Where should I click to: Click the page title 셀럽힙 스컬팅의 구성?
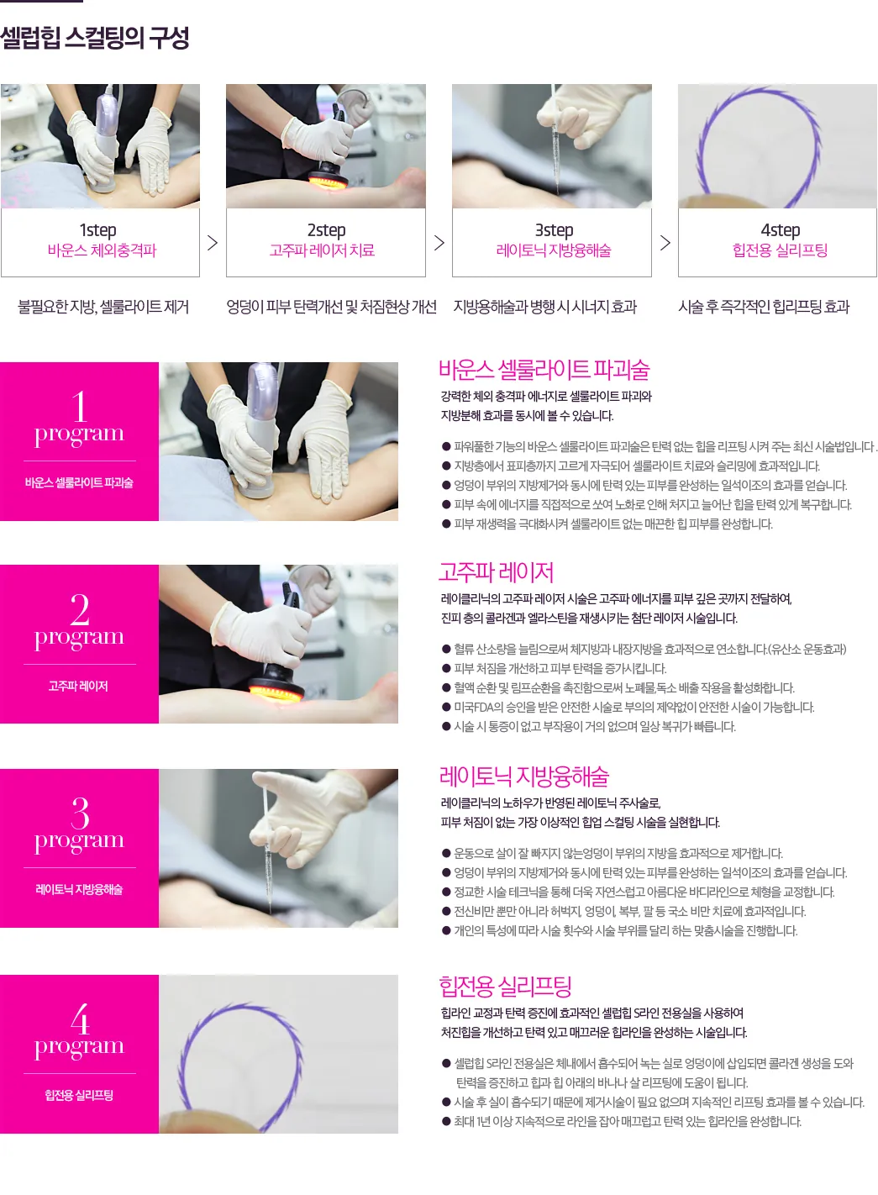pyautogui.click(x=94, y=38)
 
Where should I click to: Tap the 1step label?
pyautogui.click(x=97, y=230)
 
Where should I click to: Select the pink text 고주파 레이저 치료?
pyautogui.click(x=322, y=250)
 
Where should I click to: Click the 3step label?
pyautogui.click(x=555, y=230)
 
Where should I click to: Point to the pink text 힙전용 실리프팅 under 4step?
pyautogui.click(x=780, y=250)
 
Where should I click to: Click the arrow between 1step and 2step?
pyautogui.click(x=213, y=243)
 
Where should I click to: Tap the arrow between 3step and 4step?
pyautogui.click(x=665, y=243)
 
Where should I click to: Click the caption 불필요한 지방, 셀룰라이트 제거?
pyautogui.click(x=103, y=307)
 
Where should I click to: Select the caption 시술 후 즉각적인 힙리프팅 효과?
pyautogui.click(x=764, y=307)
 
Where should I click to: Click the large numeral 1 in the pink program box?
pyautogui.click(x=80, y=407)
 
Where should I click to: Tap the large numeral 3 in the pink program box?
pyautogui.click(x=80, y=813)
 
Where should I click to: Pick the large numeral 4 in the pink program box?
pyautogui.click(x=80, y=1019)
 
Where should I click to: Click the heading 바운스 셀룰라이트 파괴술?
pyautogui.click(x=544, y=370)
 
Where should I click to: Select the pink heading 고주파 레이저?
pyautogui.click(x=496, y=572)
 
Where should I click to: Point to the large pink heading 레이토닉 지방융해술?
pyautogui.click(x=523, y=776)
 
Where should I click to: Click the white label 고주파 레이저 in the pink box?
pyautogui.click(x=78, y=686)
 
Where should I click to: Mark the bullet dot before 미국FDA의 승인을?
pyautogui.click(x=446, y=707)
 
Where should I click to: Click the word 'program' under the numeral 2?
pyautogui.click(x=80, y=638)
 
